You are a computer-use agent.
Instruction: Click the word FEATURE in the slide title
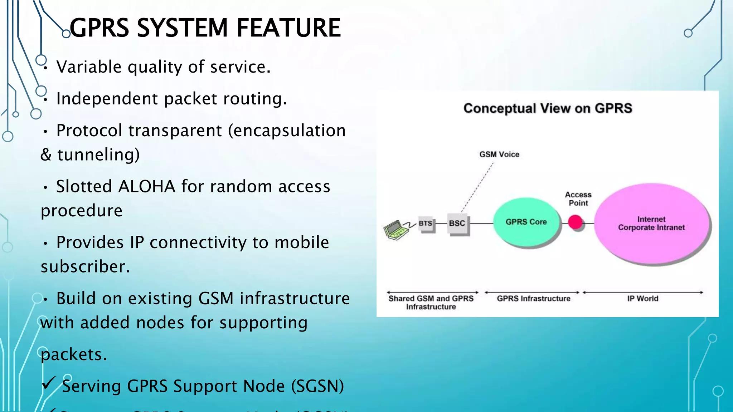click(288, 28)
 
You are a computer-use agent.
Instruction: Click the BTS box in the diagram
click(426, 224)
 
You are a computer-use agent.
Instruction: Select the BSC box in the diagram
click(457, 224)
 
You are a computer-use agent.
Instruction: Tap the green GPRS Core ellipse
click(526, 222)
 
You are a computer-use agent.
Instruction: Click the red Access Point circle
click(576, 222)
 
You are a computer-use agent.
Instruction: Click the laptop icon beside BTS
click(396, 230)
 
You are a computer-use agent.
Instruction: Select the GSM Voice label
click(499, 154)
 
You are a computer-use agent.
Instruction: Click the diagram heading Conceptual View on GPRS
click(548, 108)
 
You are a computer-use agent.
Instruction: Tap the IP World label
click(642, 299)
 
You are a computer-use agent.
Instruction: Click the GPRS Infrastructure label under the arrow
click(533, 299)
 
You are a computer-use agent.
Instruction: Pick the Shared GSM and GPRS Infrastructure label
click(431, 303)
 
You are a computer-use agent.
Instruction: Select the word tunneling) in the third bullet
click(98, 155)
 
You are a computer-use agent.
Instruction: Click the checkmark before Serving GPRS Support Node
click(49, 383)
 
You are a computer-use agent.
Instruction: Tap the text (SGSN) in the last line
click(317, 386)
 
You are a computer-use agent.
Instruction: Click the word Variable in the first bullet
click(89, 67)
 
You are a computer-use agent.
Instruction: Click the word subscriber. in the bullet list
click(85, 267)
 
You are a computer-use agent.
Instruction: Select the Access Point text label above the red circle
click(578, 199)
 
